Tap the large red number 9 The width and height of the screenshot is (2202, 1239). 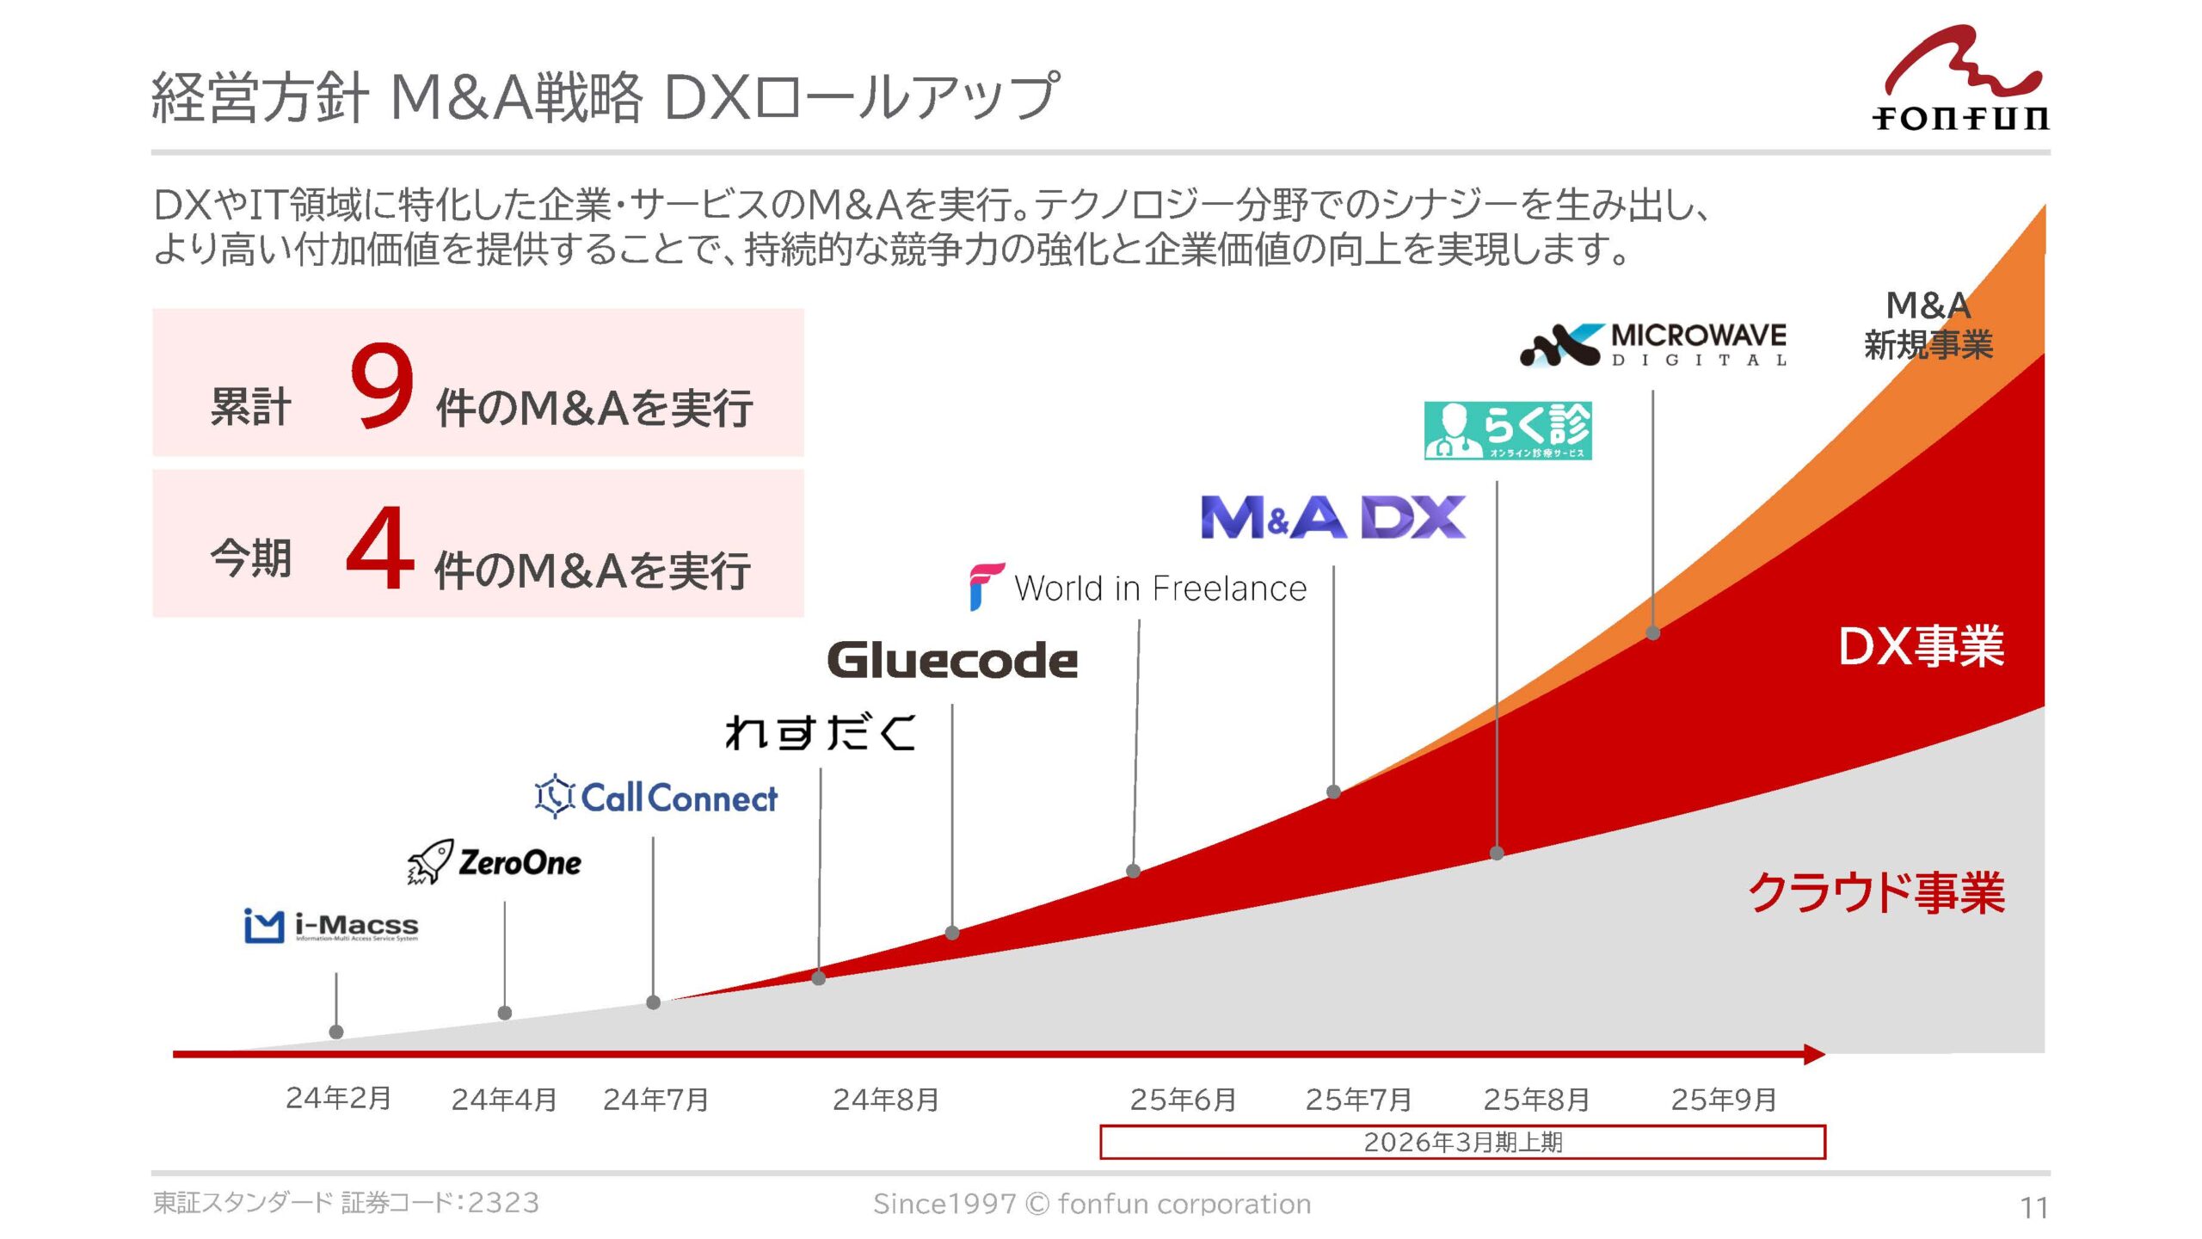click(382, 384)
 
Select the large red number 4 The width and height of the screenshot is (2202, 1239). click(379, 547)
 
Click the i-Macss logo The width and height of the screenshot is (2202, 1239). click(331, 926)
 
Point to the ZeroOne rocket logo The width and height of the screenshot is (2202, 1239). click(494, 861)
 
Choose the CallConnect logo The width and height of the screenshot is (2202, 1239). click(655, 796)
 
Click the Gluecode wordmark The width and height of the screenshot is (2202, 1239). click(952, 660)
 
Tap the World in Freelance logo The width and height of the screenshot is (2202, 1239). click(1138, 588)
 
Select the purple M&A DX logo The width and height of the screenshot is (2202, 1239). click(1333, 517)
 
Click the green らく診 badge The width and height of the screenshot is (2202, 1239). click(1508, 430)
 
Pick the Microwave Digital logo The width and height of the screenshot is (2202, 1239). click(1653, 345)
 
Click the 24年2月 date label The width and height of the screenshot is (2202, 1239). click(339, 1098)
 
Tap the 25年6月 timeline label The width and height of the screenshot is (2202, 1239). click(1183, 1099)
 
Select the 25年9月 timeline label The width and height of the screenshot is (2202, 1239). click(1724, 1099)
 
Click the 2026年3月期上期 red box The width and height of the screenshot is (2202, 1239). click(1463, 1142)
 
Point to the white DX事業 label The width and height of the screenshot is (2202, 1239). click(1921, 646)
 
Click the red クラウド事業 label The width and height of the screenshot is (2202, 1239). click(1876, 891)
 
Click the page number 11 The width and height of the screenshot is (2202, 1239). click(2034, 1208)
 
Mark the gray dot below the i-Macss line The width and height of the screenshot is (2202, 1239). click(336, 1032)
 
